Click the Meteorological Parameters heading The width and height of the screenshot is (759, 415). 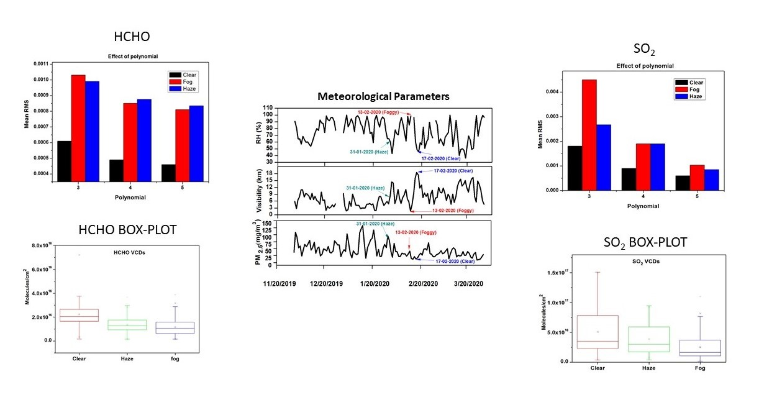[x=383, y=96]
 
